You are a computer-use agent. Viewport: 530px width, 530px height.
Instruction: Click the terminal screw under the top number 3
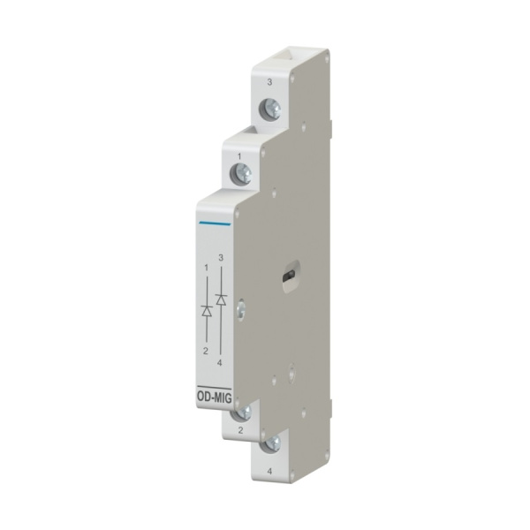(269, 110)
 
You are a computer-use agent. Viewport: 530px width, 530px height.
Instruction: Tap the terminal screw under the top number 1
(240, 174)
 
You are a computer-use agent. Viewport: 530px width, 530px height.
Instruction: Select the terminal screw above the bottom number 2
(243, 413)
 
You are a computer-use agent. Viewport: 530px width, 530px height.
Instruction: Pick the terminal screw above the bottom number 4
(271, 443)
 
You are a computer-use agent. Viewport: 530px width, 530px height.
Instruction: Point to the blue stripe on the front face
(215, 223)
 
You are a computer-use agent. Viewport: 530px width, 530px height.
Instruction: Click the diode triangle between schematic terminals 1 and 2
(207, 311)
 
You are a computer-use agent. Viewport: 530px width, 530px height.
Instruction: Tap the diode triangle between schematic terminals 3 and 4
(221, 299)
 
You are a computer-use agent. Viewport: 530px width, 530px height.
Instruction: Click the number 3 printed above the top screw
(269, 82)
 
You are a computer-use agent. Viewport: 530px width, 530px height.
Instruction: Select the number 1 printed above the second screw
(239, 157)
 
